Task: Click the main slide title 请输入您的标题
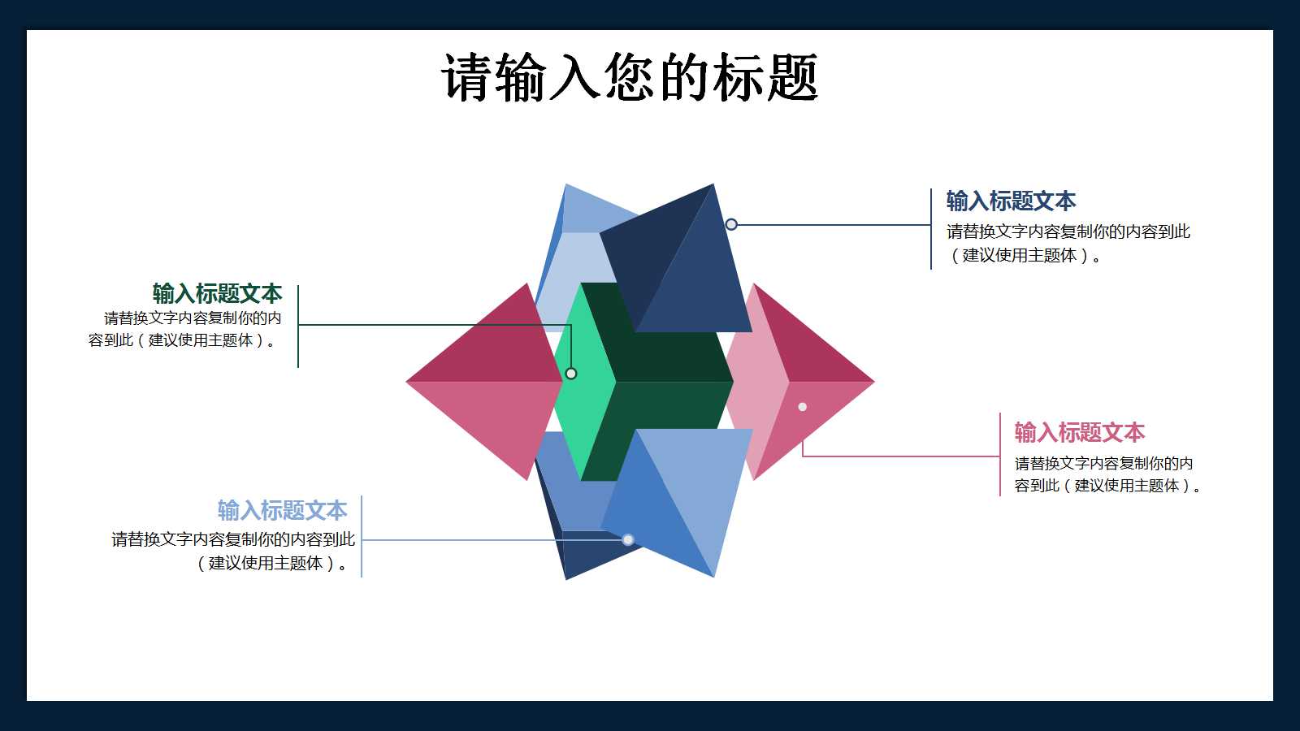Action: tap(630, 77)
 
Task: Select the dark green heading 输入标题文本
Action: tap(217, 293)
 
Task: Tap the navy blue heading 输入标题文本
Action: tap(1011, 201)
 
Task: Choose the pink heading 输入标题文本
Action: tap(1080, 433)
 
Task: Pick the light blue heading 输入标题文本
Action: tap(283, 511)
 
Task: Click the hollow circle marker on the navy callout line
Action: tap(731, 224)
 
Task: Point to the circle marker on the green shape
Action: tap(571, 374)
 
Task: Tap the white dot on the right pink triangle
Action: tap(803, 407)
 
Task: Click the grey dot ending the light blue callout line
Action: tap(628, 539)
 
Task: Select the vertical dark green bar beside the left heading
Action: tap(297, 326)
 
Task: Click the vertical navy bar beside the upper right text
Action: tap(931, 228)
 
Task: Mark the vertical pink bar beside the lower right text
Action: tap(1000, 454)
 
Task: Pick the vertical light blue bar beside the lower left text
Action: tap(361, 537)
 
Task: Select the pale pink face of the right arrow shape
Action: tap(756, 380)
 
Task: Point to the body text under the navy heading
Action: tap(1068, 244)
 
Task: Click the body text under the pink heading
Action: tap(1107, 474)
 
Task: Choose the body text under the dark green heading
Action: tap(185, 329)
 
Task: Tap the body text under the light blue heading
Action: tap(232, 551)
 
